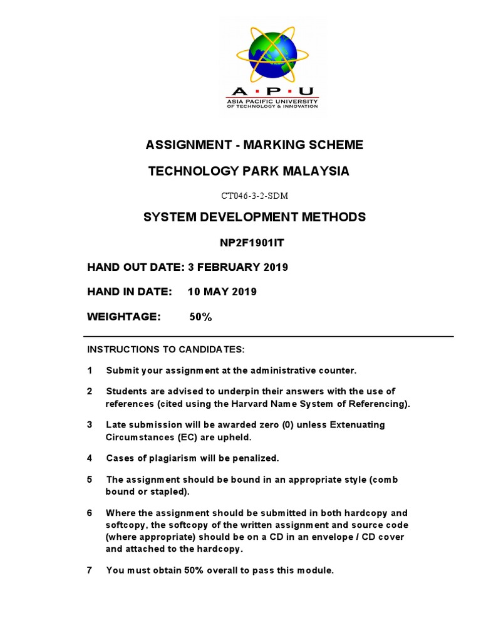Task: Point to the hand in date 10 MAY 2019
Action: click(222, 292)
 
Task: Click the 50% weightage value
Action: click(200, 317)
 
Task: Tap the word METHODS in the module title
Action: click(333, 217)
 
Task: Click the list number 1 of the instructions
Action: click(90, 371)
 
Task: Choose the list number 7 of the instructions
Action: click(90, 570)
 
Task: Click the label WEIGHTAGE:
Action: click(124, 317)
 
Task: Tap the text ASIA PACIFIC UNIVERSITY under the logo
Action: click(272, 102)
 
